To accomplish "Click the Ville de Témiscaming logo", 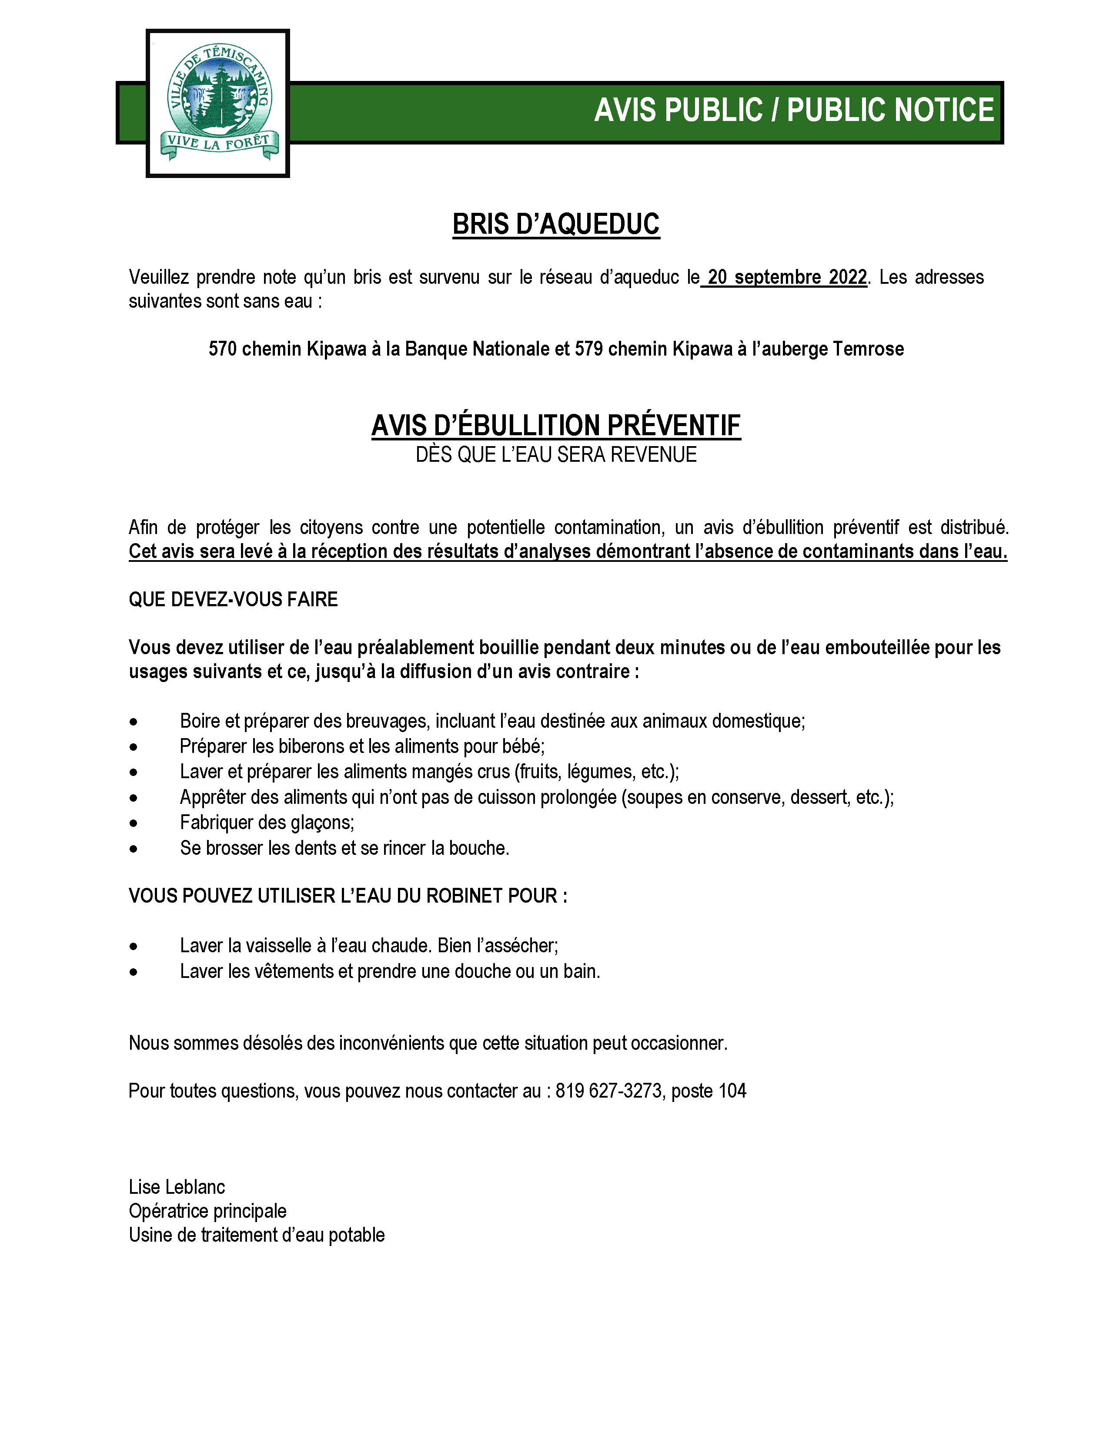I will (218, 103).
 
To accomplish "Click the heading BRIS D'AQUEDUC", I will (556, 224).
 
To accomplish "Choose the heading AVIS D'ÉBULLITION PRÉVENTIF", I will (556, 426).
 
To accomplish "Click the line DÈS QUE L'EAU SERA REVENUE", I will (556, 455).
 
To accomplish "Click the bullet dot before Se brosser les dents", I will (134, 849).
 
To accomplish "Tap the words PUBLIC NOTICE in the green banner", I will (890, 110).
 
